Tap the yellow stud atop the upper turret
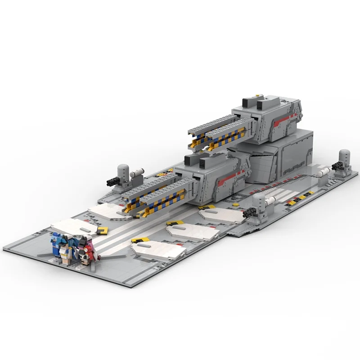(258, 95)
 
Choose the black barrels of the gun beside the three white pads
(250, 214)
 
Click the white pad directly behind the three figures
(74, 226)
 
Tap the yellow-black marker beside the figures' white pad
(103, 230)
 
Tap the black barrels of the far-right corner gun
(336, 166)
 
